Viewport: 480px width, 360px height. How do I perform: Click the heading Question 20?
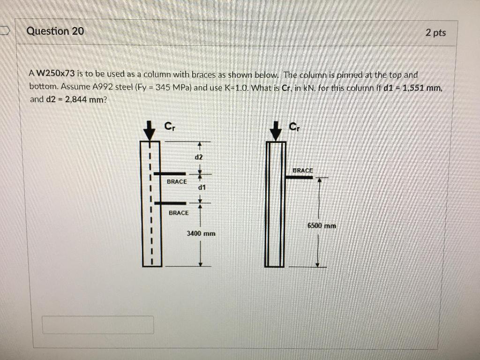point(55,31)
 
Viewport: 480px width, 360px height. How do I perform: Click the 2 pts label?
point(435,33)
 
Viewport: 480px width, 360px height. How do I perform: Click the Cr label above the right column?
point(293,126)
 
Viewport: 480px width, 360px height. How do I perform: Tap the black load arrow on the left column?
point(150,130)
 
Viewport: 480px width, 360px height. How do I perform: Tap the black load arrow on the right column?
point(276,130)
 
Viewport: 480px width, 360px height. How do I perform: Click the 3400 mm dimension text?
point(201,233)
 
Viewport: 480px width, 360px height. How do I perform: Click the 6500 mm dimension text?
point(322,225)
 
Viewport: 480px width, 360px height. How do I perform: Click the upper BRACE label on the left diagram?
point(177,181)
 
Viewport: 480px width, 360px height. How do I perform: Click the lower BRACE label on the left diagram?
point(179,213)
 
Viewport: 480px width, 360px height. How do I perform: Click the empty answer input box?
point(97,325)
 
